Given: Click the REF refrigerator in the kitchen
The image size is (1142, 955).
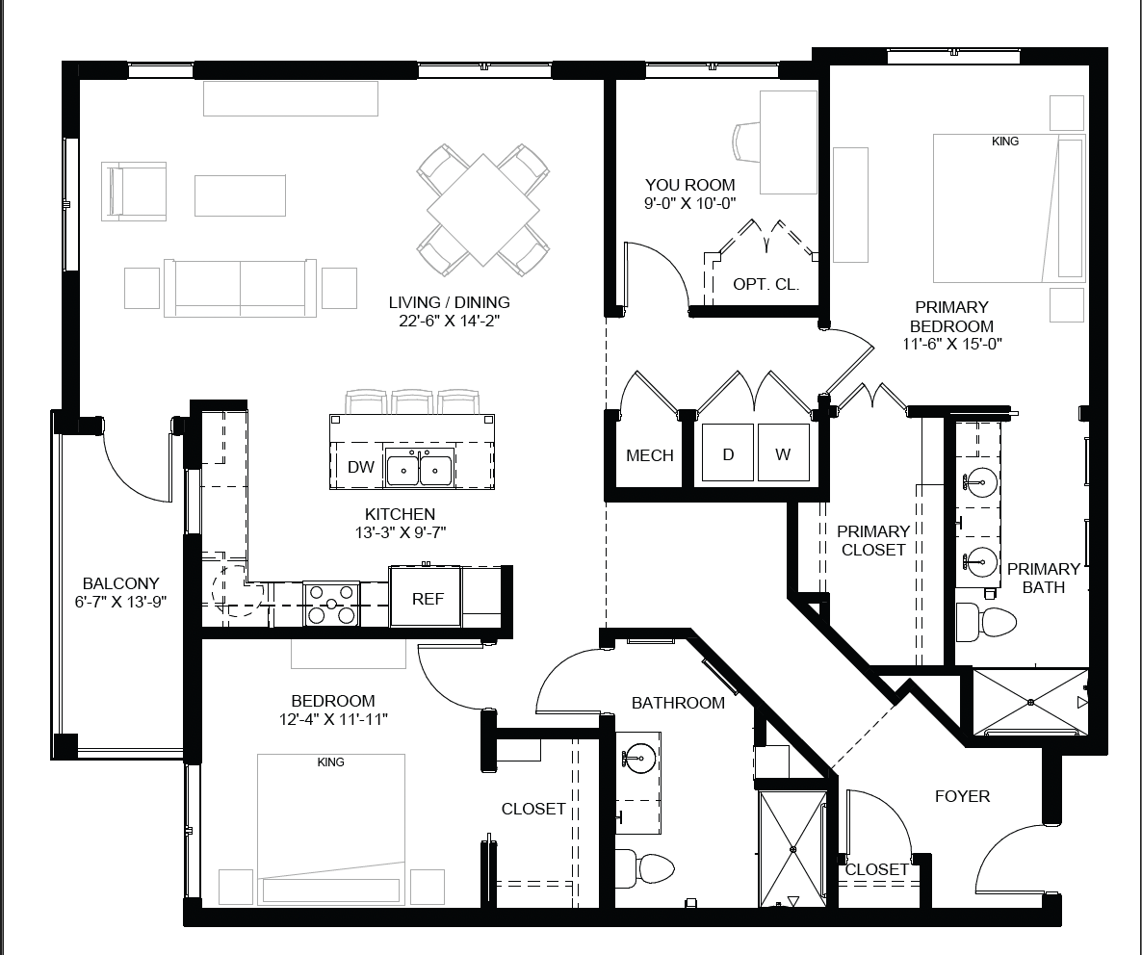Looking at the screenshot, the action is coord(426,596).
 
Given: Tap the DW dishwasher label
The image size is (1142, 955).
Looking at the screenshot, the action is coord(360,467).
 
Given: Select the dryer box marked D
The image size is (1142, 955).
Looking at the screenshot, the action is coord(728,452).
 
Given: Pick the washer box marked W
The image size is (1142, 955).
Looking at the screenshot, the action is coord(783,452).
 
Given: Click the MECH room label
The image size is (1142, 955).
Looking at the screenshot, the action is coord(650,455).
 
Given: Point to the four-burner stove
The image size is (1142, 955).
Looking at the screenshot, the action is coord(331,604).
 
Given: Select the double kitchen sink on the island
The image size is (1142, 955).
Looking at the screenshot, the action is coord(420,467).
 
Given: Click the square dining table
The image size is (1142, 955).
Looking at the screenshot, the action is coord(482,211).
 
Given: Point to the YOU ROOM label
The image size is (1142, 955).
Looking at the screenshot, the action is coord(689,185).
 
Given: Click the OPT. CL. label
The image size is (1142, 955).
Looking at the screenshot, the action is coord(766,284).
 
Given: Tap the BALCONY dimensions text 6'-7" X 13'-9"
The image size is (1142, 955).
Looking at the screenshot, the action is coord(121,602).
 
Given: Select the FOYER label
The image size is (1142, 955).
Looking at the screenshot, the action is coord(962,796).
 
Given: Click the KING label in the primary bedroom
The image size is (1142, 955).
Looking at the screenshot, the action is coord(1005,142).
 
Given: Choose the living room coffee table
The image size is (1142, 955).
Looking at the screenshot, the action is coord(241,195).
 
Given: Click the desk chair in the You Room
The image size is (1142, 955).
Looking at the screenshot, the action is coord(746,142).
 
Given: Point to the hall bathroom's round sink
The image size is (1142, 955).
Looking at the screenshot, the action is coord(638,759).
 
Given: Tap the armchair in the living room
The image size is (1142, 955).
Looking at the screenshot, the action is coord(134,192).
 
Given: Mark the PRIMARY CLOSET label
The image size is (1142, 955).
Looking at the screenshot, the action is coord(873,541).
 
